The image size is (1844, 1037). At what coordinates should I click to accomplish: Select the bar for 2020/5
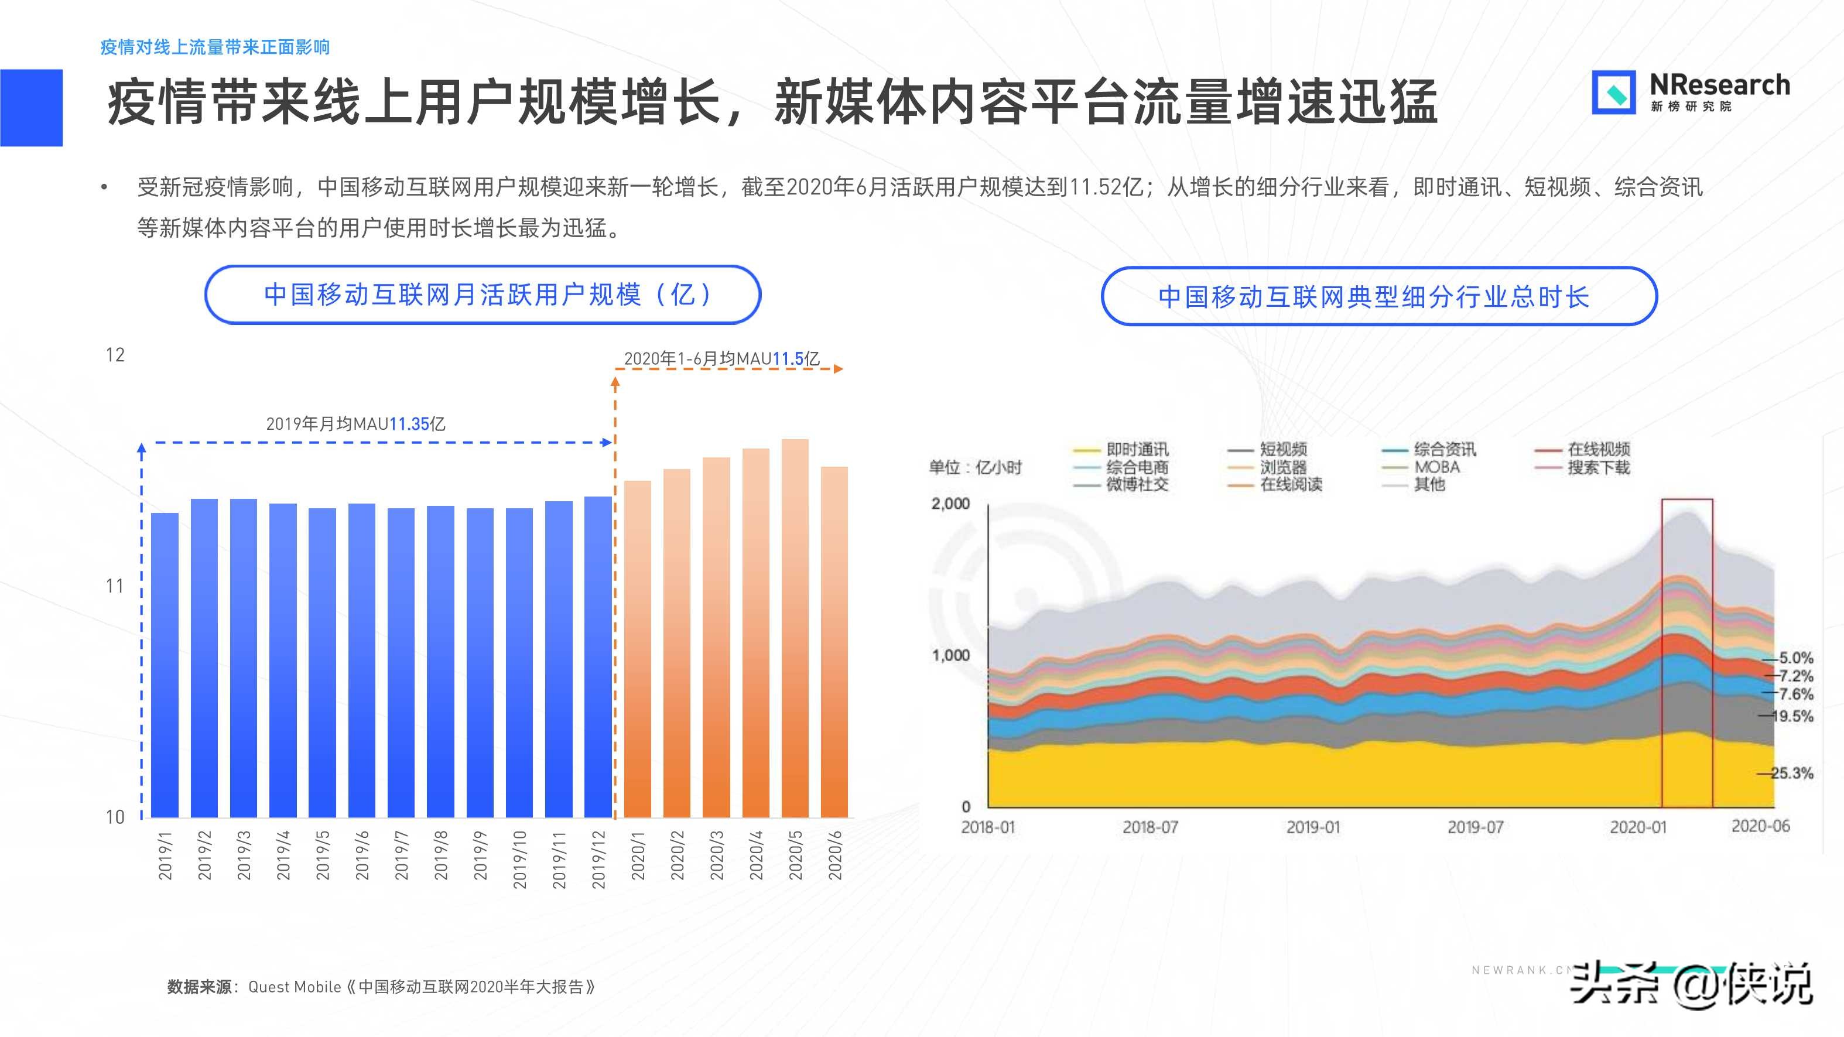point(795,630)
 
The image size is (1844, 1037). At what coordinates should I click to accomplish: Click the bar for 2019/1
point(165,666)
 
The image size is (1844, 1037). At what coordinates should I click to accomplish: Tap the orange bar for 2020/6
point(834,644)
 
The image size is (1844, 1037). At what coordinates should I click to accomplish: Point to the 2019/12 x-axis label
point(598,859)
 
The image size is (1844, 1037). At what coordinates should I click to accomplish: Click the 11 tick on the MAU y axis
point(115,586)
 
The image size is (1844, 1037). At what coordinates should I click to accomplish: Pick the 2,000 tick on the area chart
point(950,503)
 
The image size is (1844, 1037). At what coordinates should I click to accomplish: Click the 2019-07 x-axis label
point(1474,827)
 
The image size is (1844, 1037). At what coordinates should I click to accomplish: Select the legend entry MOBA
point(1436,467)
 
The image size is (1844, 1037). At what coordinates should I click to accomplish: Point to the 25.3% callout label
point(1791,773)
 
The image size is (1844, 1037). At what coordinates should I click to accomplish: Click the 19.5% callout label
point(1792,716)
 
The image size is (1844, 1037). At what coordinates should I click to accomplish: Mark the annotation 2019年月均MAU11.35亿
point(356,424)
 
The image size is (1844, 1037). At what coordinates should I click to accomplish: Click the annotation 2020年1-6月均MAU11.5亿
point(721,358)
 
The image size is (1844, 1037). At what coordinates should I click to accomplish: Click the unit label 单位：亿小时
point(975,467)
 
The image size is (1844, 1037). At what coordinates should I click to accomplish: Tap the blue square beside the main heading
point(32,107)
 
